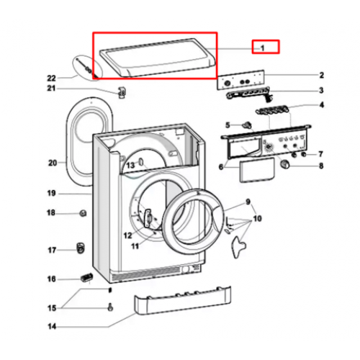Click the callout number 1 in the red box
pos(262,48)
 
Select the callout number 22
pos(51,78)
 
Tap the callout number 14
pos(52,326)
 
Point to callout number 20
pos(53,163)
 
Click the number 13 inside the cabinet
pos(130,165)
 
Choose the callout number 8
pos(321,166)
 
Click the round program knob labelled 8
pos(285,164)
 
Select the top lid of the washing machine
pos(156,58)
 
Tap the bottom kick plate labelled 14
pos(182,300)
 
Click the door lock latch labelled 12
pos(148,218)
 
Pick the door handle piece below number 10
pos(238,247)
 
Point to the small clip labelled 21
pos(122,92)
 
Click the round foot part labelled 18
pos(83,213)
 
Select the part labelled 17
pos(81,248)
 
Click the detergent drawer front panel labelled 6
pos(257,170)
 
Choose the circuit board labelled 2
pos(240,80)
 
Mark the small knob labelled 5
pos(247,125)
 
